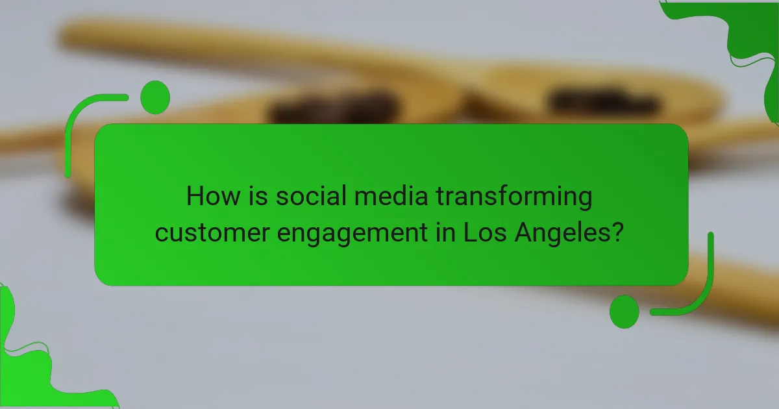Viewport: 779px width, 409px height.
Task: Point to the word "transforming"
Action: [514, 197]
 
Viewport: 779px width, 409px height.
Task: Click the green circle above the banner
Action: [155, 97]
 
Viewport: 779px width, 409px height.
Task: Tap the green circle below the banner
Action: [624, 312]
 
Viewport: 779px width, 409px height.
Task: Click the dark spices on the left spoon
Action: [334, 107]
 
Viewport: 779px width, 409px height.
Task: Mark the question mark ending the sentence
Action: [619, 232]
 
